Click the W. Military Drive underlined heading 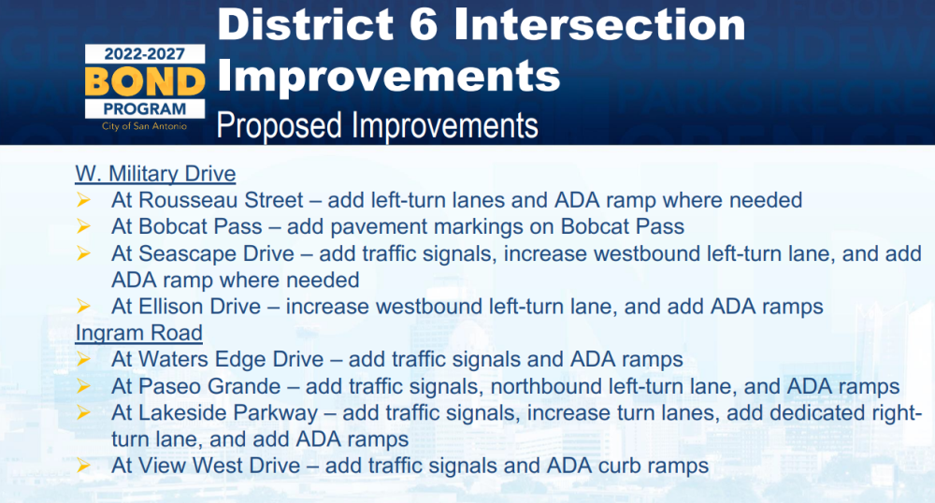pyautogui.click(x=155, y=174)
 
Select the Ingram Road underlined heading pyautogui.click(x=139, y=333)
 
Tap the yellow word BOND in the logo pyautogui.click(x=145, y=81)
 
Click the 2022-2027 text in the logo pyautogui.click(x=145, y=54)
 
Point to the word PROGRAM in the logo pyautogui.click(x=145, y=109)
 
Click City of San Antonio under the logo pyautogui.click(x=144, y=126)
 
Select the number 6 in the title pyautogui.click(x=424, y=25)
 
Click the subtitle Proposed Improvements pyautogui.click(x=377, y=125)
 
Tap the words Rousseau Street pyautogui.click(x=221, y=200)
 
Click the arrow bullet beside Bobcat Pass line pyautogui.click(x=83, y=226)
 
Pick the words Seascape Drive pyautogui.click(x=216, y=254)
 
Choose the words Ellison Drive pyautogui.click(x=200, y=307)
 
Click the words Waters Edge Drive pyautogui.click(x=231, y=359)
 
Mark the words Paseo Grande pyautogui.click(x=209, y=386)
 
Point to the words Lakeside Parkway pyautogui.click(x=228, y=413)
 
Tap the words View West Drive pyautogui.click(x=219, y=466)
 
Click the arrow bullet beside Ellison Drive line pyautogui.click(x=83, y=307)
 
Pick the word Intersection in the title pyautogui.click(x=599, y=25)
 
